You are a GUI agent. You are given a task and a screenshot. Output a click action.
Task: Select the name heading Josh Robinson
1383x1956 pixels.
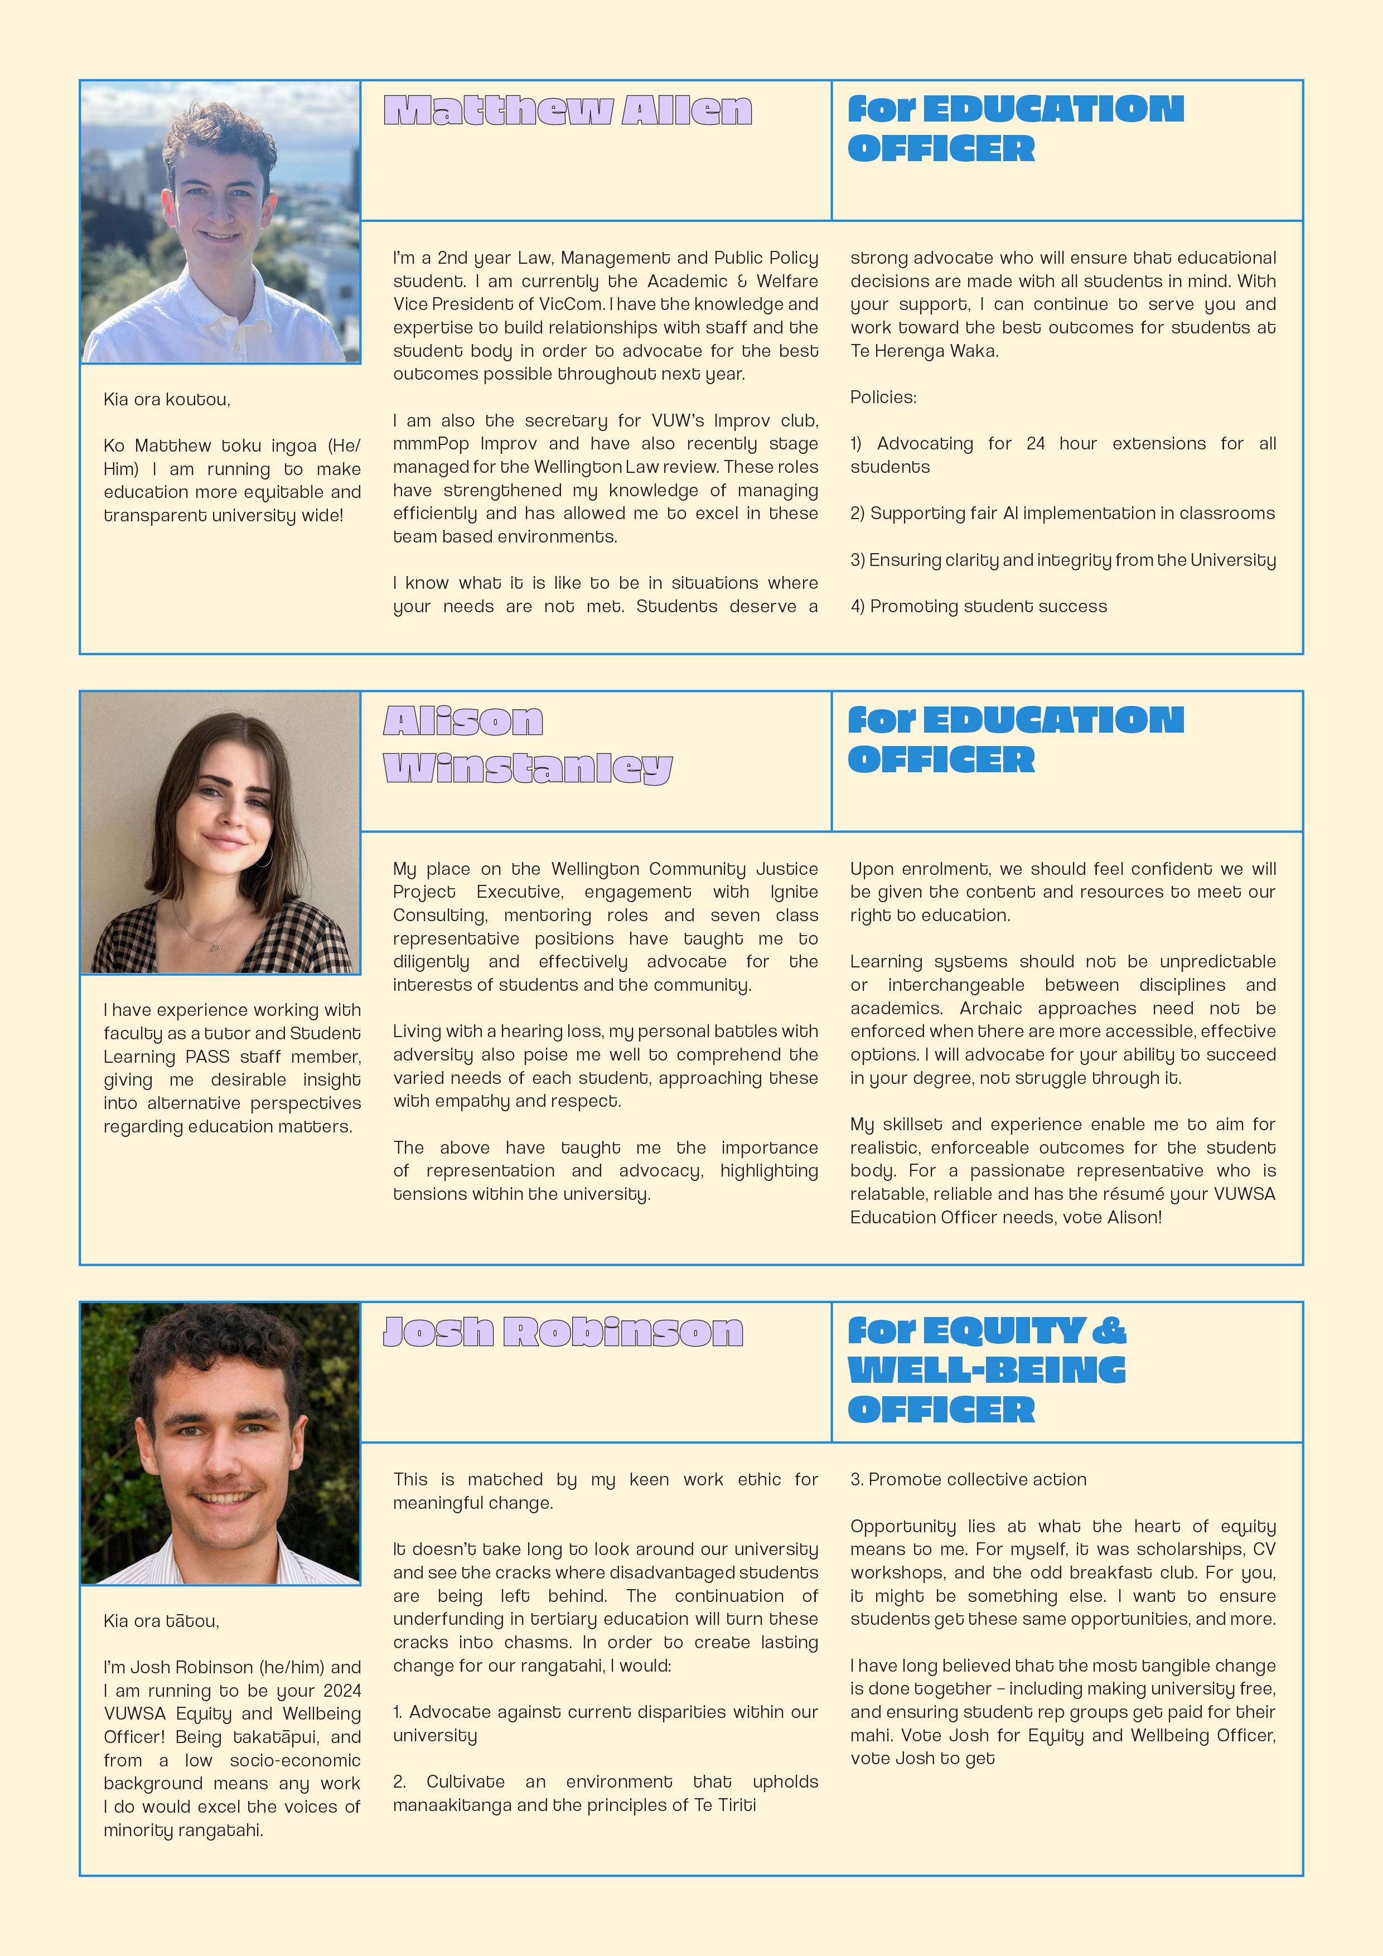[x=563, y=1332]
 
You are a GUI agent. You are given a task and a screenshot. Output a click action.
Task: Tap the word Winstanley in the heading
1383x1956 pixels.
[x=528, y=768]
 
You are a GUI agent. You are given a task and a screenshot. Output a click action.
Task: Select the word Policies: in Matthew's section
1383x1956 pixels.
[x=883, y=397]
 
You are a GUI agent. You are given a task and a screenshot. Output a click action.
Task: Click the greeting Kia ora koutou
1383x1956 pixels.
[x=167, y=400]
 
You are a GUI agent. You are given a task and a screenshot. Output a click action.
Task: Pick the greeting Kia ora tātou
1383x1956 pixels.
[x=161, y=1620]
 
